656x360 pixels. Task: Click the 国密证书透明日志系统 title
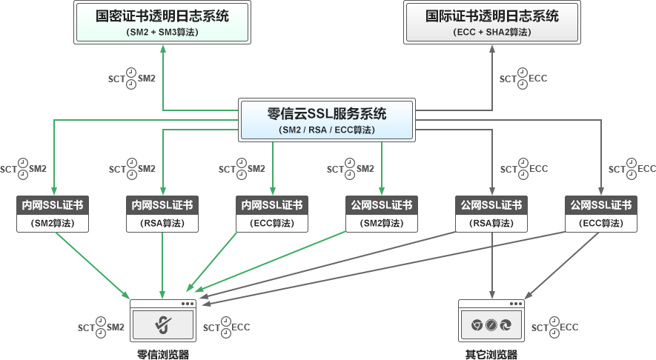pyautogui.click(x=162, y=16)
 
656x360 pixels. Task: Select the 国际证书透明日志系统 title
pyautogui.click(x=492, y=16)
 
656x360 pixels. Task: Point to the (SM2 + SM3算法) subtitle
pyautogui.click(x=162, y=33)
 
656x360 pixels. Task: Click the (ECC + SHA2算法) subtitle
pyautogui.click(x=492, y=33)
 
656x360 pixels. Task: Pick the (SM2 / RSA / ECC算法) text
pyautogui.click(x=327, y=130)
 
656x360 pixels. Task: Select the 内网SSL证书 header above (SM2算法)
pyautogui.click(x=53, y=205)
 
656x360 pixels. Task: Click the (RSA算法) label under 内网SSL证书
pyautogui.click(x=162, y=223)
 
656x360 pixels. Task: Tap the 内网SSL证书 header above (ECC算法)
pyautogui.click(x=272, y=205)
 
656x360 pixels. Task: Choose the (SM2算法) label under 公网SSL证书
pyautogui.click(x=381, y=223)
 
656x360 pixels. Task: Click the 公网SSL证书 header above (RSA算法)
pyautogui.click(x=491, y=205)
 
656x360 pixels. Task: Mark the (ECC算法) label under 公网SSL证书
pyautogui.click(x=600, y=223)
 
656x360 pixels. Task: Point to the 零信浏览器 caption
pyautogui.click(x=162, y=355)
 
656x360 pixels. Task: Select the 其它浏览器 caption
pyautogui.click(x=491, y=355)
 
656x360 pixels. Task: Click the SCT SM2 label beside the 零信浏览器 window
pyautogui.click(x=101, y=327)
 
